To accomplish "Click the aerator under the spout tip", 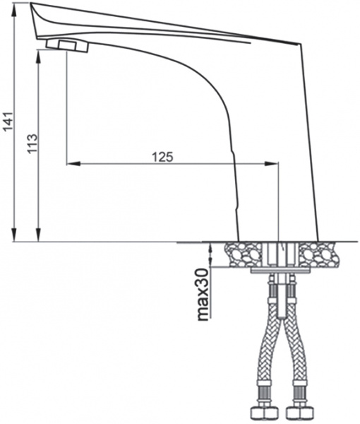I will click(68, 46).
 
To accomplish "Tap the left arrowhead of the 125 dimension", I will click(71, 164).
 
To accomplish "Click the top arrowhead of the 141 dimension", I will click(16, 7).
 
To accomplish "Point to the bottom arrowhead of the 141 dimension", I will click(16, 237).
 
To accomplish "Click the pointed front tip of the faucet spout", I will click(32, 5).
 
